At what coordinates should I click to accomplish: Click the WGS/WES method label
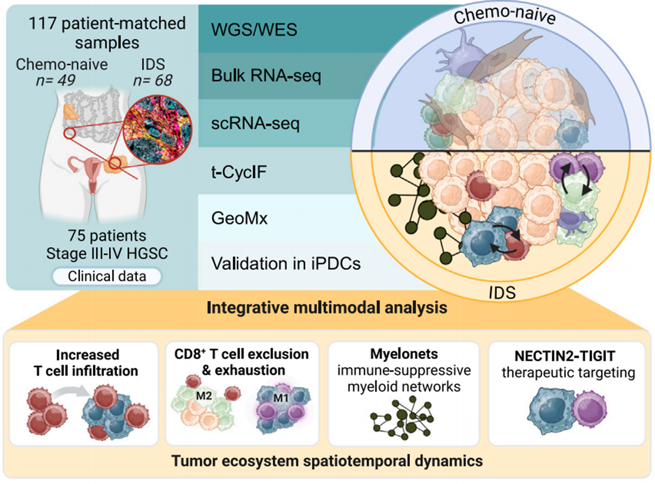pyautogui.click(x=254, y=30)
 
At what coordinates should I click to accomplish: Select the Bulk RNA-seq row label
pyautogui.click(x=266, y=76)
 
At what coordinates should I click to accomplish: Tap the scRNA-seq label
pyautogui.click(x=255, y=123)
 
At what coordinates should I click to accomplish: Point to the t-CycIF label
pyautogui.click(x=238, y=172)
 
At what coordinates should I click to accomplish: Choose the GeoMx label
pyautogui.click(x=239, y=218)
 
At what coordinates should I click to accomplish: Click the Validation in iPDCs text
pyautogui.click(x=286, y=263)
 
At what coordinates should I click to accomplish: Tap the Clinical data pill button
pyautogui.click(x=107, y=277)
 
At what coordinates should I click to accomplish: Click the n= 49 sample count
pyautogui.click(x=55, y=80)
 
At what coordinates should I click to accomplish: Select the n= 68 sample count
pyautogui.click(x=152, y=80)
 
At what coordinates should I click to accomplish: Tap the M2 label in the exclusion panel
pyautogui.click(x=203, y=395)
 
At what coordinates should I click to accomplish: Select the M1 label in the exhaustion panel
pyautogui.click(x=281, y=398)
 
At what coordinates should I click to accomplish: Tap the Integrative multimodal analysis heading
pyautogui.click(x=327, y=308)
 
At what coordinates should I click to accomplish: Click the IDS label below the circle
pyautogui.click(x=502, y=293)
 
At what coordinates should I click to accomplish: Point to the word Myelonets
pyautogui.click(x=404, y=354)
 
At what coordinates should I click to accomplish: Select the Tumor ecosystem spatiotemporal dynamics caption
pyautogui.click(x=327, y=461)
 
